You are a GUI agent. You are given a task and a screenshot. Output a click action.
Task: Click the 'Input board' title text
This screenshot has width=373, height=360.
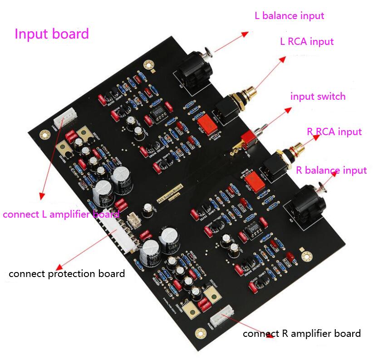[x=52, y=34]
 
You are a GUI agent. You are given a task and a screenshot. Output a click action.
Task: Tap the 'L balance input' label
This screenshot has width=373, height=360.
[x=289, y=16]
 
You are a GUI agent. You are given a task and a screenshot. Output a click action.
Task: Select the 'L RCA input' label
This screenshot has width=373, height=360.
[x=307, y=42]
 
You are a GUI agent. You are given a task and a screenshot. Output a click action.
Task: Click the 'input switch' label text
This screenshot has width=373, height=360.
[x=318, y=97]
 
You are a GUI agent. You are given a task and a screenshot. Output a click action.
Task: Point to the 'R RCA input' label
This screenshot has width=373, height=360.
[x=334, y=132]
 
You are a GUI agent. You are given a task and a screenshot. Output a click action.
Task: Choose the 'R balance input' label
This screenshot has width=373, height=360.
[x=331, y=170]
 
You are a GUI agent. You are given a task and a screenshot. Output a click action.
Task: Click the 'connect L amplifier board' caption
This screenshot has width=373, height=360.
[x=61, y=214]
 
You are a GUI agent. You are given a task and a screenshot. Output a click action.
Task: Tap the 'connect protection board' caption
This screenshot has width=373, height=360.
[x=66, y=274]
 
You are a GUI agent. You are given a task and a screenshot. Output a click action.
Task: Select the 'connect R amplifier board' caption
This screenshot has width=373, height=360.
[x=302, y=334]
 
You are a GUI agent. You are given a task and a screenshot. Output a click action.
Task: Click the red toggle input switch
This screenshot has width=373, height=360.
[x=248, y=138]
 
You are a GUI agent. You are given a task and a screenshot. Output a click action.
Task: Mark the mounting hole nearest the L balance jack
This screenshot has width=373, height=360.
[x=146, y=65]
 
